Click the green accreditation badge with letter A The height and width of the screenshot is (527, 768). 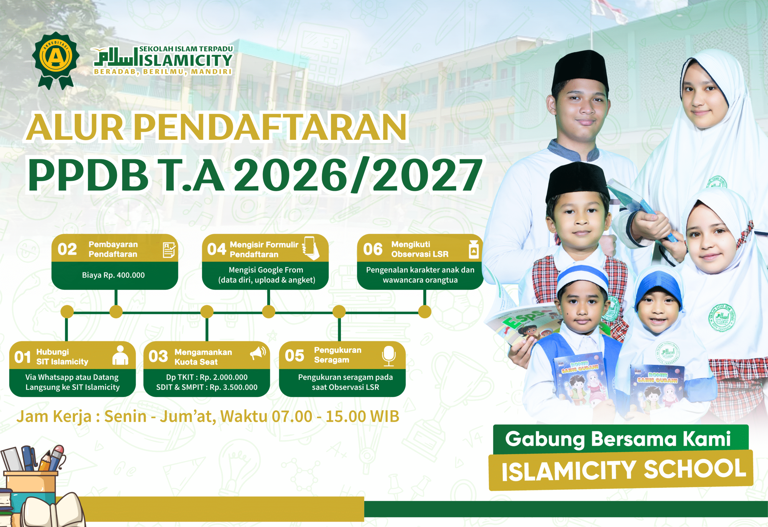coord(55,59)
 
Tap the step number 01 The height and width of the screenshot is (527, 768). coord(22,357)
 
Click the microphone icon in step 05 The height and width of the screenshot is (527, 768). coord(388,356)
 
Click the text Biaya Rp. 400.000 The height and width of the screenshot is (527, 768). coord(113,275)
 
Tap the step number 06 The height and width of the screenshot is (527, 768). coord(373,249)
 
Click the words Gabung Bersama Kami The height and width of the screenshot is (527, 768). coord(618,439)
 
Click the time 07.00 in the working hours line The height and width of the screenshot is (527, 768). coord(292,416)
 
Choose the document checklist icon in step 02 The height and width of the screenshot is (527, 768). coord(169,250)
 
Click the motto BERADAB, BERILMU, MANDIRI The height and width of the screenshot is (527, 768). coord(163,72)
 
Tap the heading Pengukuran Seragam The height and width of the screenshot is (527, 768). coord(338,355)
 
